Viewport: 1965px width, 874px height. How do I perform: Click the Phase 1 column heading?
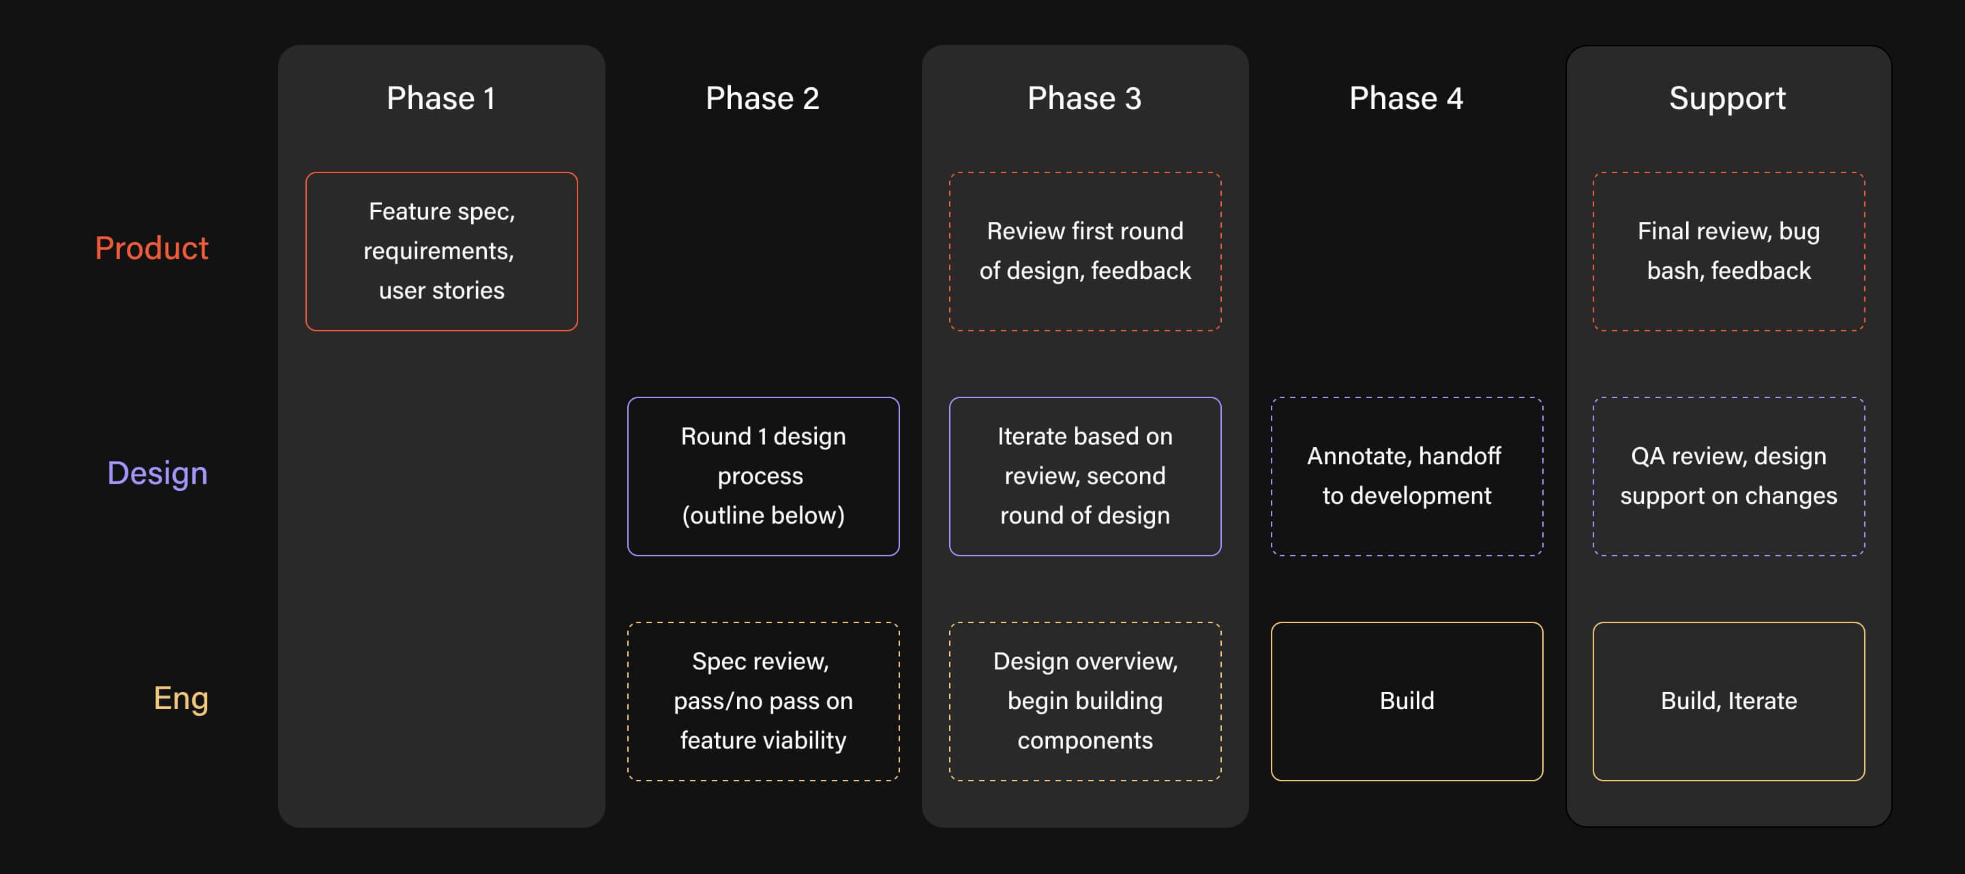click(x=441, y=98)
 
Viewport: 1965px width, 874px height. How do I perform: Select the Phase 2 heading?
click(x=762, y=98)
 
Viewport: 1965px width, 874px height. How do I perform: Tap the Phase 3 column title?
click(x=1084, y=98)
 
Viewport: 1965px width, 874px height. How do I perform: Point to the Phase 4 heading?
click(x=1406, y=98)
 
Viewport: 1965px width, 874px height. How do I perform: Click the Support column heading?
click(x=1727, y=98)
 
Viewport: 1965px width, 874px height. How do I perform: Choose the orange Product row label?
click(x=151, y=248)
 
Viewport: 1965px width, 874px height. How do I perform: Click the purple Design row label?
click(x=157, y=474)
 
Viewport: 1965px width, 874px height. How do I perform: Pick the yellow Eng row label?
click(x=181, y=699)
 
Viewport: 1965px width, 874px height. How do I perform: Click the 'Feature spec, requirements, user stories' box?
click(x=442, y=251)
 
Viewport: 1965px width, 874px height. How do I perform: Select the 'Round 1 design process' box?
click(x=763, y=476)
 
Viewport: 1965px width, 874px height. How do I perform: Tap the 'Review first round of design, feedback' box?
click(x=1085, y=251)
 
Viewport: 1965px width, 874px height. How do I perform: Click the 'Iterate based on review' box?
click(x=1085, y=476)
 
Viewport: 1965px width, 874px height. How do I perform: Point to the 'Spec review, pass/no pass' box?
click(x=763, y=701)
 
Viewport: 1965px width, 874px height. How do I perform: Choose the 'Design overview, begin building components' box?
click(x=1085, y=701)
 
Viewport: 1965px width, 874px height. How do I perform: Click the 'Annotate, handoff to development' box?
click(x=1407, y=476)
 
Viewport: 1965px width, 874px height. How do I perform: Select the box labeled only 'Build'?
click(x=1407, y=701)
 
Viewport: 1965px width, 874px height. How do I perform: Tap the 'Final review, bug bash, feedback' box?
click(x=1728, y=251)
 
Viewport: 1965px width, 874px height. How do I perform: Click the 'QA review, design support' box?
click(x=1728, y=476)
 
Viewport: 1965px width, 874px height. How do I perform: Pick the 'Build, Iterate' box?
click(x=1728, y=701)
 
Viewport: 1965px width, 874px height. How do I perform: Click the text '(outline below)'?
click(x=763, y=515)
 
